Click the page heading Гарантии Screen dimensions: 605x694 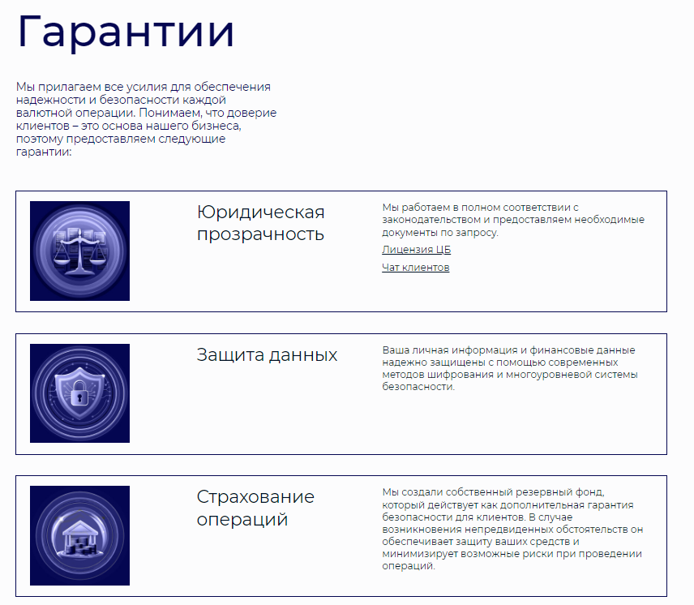[126, 32]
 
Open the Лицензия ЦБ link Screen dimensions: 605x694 [416, 250]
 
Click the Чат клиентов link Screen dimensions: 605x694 [415, 268]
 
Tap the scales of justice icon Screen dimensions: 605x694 [79, 251]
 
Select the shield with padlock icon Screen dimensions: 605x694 [79, 393]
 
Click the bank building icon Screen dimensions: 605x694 [79, 536]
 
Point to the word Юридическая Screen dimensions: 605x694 [260, 212]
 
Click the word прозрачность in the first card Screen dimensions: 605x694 [260, 234]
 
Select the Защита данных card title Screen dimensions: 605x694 [267, 355]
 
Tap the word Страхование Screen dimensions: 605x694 [255, 496]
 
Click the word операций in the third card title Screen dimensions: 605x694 [242, 519]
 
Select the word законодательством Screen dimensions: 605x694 [431, 220]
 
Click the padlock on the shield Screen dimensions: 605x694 [79, 396]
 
